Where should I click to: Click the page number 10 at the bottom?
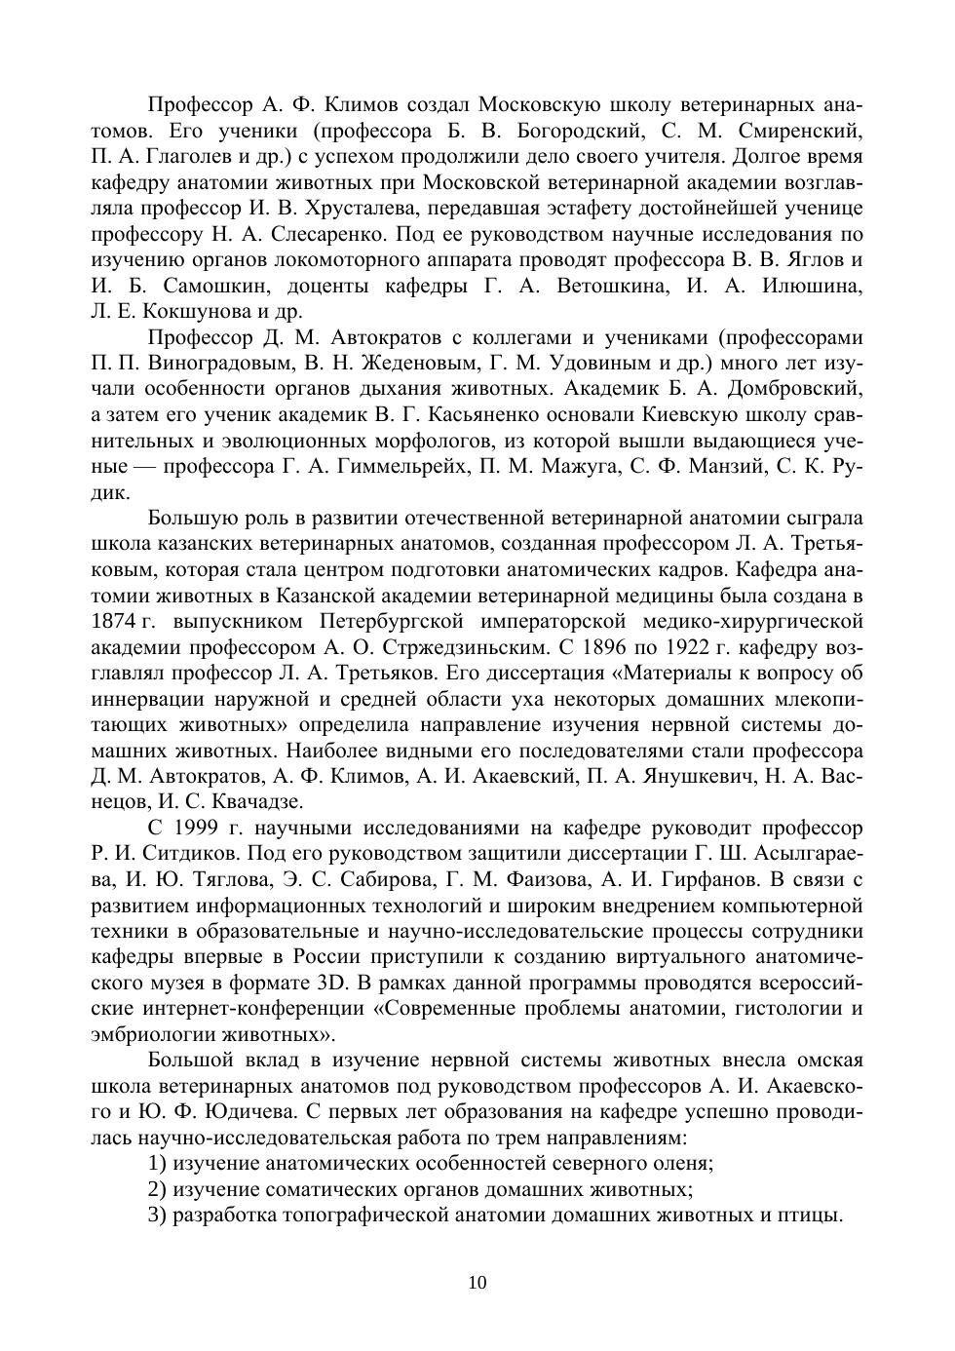(477, 1283)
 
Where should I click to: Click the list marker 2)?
(158, 1189)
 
